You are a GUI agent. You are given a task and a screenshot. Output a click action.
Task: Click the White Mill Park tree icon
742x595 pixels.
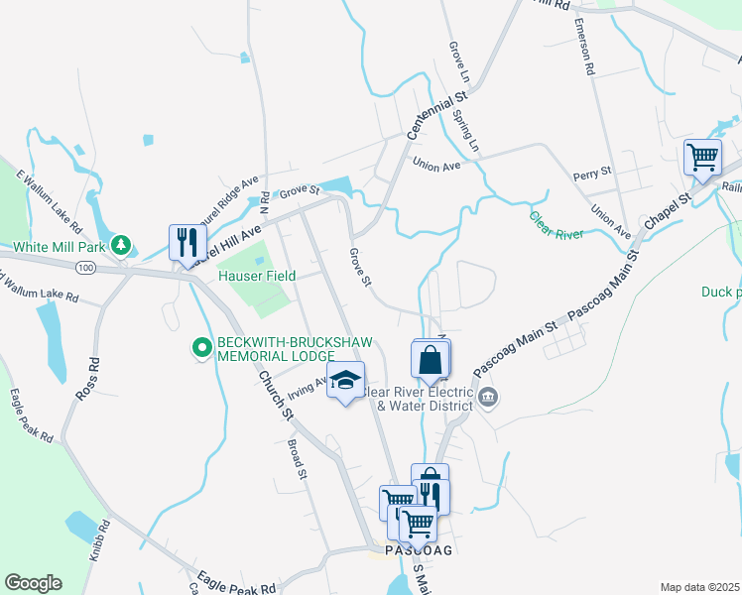click(x=121, y=244)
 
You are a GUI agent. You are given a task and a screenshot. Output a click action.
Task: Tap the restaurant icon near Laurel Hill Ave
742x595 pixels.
click(x=185, y=242)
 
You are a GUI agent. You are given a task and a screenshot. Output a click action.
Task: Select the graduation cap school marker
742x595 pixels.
click(x=345, y=381)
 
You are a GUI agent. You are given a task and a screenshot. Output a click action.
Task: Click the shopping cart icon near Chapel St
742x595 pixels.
click(x=702, y=157)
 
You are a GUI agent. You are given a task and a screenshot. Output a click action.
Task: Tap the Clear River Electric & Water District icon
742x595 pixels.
click(x=487, y=398)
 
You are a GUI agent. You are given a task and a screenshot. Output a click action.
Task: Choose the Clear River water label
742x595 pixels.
click(x=556, y=226)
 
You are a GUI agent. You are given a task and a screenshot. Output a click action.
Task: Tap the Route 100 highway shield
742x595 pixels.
click(x=86, y=268)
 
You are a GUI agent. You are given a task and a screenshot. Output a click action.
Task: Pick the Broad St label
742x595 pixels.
click(x=296, y=459)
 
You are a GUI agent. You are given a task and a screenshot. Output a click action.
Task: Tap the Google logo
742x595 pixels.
click(x=33, y=584)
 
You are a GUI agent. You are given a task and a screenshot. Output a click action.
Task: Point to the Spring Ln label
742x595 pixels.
click(x=473, y=128)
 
